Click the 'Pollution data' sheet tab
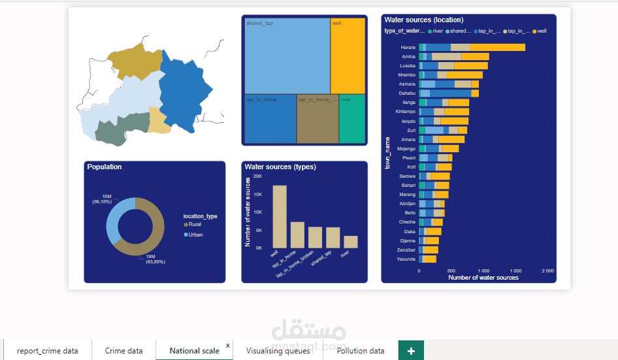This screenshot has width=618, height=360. (361, 351)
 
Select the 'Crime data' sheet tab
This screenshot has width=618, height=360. (123, 351)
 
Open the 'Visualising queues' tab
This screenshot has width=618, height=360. (278, 351)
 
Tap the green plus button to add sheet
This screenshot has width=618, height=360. (411, 351)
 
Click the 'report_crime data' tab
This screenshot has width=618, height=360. (47, 351)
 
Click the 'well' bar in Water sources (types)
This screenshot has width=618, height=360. (280, 216)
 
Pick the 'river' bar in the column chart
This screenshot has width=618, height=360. (351, 242)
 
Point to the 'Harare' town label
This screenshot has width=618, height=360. (408, 47)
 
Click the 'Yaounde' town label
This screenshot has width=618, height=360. (406, 259)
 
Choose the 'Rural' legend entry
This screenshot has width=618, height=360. (194, 224)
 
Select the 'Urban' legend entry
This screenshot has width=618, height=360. (195, 235)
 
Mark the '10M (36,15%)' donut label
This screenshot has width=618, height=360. (102, 199)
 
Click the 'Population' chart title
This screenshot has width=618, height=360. (105, 167)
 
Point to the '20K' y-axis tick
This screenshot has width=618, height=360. (257, 176)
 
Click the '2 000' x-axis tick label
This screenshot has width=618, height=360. (548, 270)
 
